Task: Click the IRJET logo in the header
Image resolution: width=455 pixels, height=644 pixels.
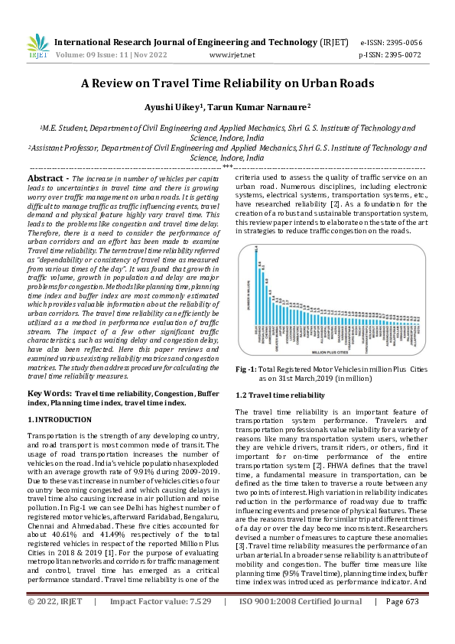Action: [37, 45]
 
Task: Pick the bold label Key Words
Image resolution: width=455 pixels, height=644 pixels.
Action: [50, 392]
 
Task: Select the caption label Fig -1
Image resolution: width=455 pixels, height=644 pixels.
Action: [248, 369]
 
